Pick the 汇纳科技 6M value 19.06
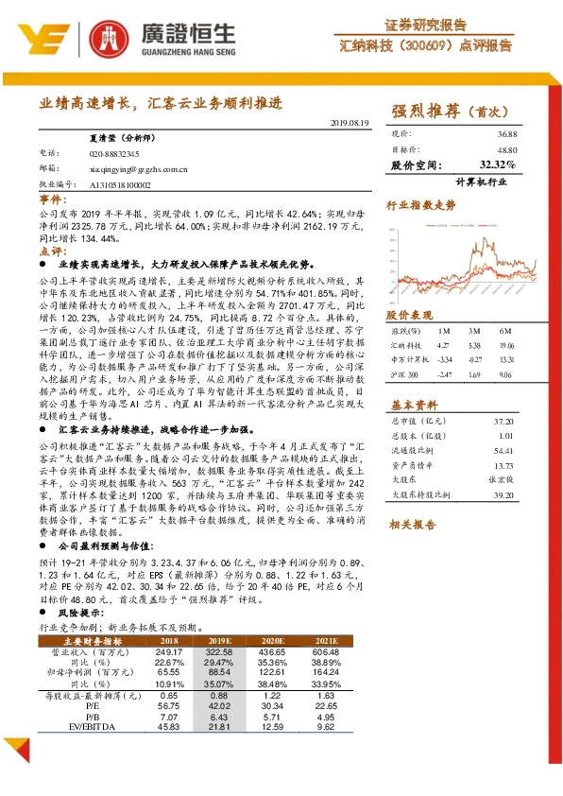(504, 346)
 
